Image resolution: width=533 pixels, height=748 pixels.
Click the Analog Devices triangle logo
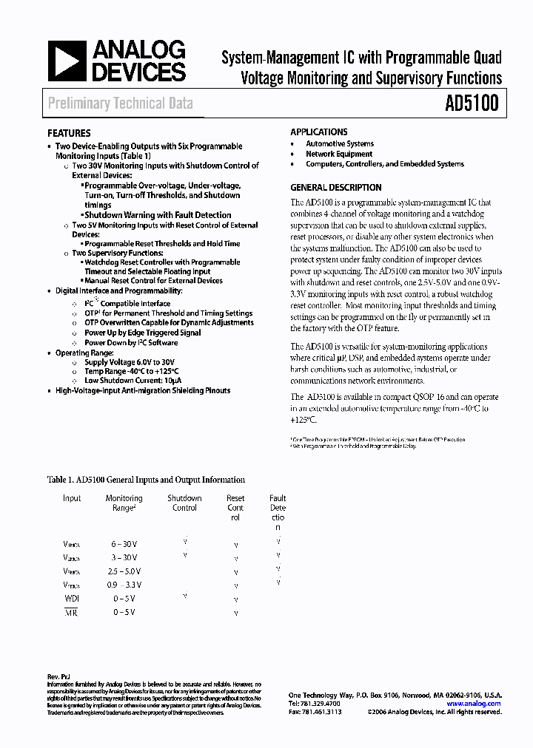(67, 61)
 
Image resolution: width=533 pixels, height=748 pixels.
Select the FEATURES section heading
(70, 134)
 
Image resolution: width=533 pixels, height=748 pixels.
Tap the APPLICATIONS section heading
(318, 132)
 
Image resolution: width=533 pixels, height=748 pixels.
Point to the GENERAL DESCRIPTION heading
(335, 188)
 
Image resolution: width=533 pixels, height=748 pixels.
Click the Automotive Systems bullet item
(340, 144)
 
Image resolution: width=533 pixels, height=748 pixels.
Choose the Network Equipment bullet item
(339, 154)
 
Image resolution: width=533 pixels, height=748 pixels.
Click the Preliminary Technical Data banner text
(120, 103)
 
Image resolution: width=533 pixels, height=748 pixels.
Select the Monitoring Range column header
(124, 503)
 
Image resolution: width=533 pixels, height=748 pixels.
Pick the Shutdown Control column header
(184, 503)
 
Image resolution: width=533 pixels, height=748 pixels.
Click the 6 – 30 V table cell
(124, 544)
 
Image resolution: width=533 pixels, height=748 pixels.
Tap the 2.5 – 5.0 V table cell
(124, 572)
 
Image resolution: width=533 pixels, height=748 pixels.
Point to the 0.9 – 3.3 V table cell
(124, 585)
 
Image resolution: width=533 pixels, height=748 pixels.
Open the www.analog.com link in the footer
(474, 704)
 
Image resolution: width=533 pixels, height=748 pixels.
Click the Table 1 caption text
(146, 480)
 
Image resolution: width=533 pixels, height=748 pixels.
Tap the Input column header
(72, 498)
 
